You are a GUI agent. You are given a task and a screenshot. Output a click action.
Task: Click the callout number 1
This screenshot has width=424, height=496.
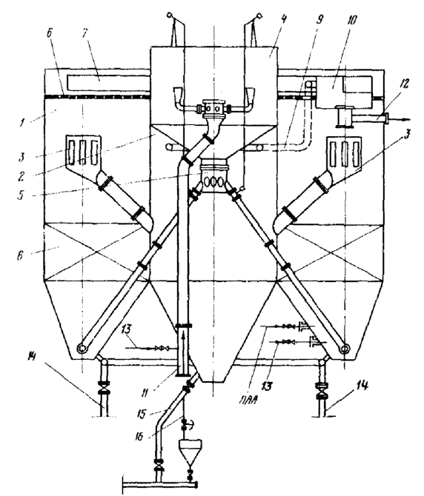pos(21,122)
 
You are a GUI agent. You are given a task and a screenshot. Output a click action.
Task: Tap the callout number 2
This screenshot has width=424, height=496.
pos(21,176)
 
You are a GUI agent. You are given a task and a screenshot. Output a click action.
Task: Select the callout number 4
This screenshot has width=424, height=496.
pos(283,19)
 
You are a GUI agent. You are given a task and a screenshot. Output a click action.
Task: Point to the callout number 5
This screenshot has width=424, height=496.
pos(21,195)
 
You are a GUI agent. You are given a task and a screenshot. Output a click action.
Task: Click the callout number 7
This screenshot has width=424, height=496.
pos(85,33)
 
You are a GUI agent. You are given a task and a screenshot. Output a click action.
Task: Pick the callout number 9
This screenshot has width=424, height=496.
pos(319,19)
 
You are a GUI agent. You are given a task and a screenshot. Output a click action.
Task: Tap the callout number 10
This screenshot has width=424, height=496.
pos(351,19)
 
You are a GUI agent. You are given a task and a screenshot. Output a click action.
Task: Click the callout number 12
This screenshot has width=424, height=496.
pos(405,84)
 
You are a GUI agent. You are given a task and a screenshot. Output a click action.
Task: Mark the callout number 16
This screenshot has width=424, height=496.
pos(139,437)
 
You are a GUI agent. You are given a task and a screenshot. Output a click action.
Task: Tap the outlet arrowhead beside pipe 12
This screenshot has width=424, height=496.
pos(406,119)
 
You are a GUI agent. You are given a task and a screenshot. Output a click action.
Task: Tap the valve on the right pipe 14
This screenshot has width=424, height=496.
pos(322,389)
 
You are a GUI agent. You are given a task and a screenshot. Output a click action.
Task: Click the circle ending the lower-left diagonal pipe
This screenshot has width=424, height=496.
pos(82,349)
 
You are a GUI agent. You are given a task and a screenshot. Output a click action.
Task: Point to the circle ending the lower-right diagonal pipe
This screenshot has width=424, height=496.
pos(345,349)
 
